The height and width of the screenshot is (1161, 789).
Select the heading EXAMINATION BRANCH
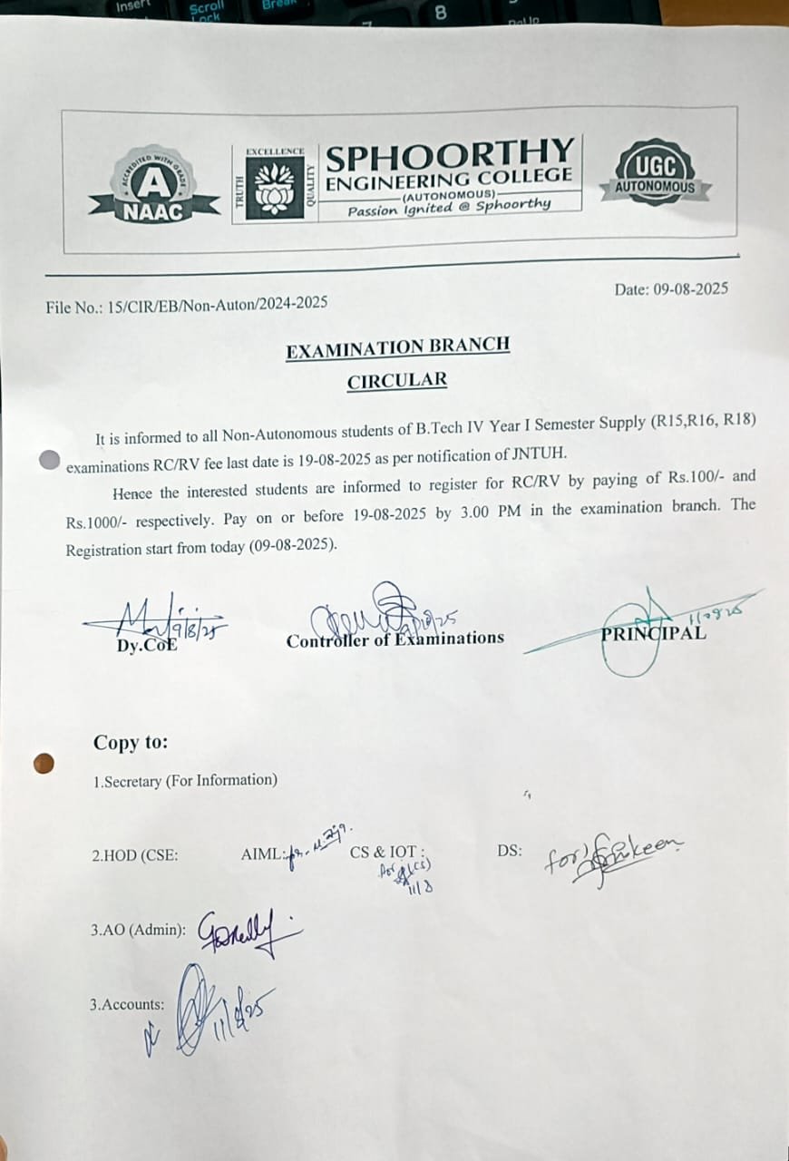pyautogui.click(x=397, y=347)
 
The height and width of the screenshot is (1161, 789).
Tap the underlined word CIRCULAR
pyautogui.click(x=397, y=379)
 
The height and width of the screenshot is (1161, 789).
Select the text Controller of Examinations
pyautogui.click(x=394, y=639)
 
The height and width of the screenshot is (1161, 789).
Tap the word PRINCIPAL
pyautogui.click(x=653, y=633)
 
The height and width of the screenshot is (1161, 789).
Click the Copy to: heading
pyautogui.click(x=131, y=742)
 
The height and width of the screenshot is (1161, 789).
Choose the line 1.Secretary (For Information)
pyautogui.click(x=185, y=780)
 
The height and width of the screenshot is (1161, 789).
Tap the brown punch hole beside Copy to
pyautogui.click(x=44, y=764)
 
